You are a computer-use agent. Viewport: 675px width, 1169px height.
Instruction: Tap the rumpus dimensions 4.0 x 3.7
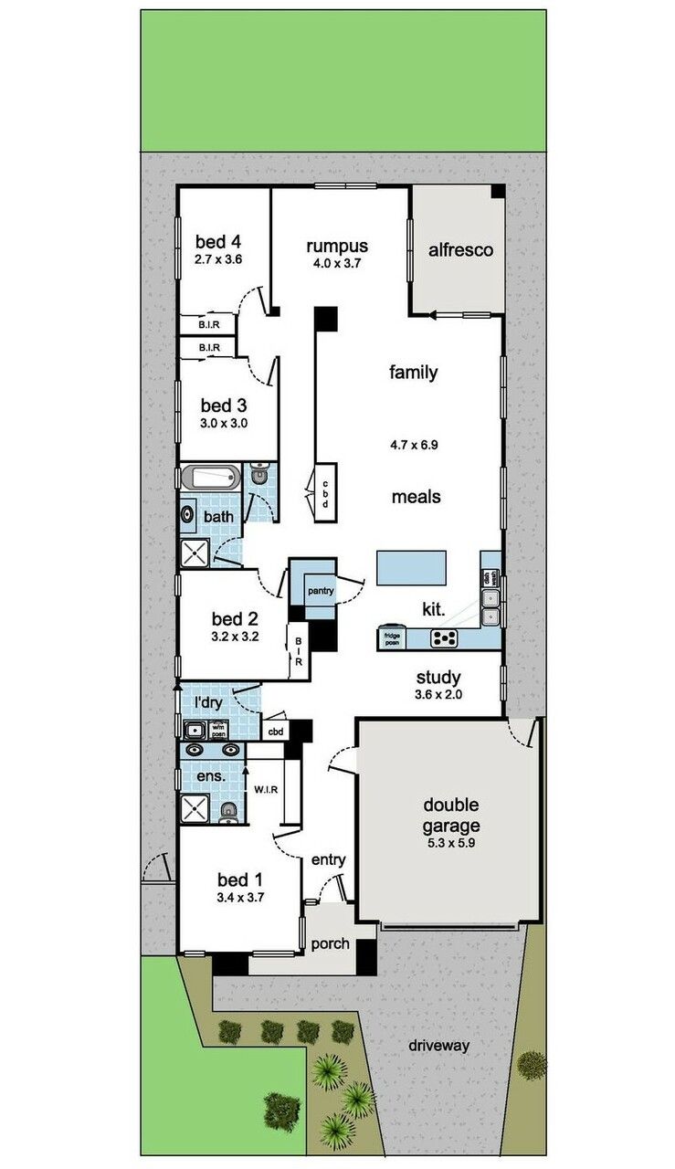point(337,263)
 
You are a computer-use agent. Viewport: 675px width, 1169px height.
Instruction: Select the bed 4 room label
point(218,242)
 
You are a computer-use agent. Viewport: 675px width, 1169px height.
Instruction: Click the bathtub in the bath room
point(211,477)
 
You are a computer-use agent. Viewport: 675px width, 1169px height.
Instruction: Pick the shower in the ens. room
point(195,809)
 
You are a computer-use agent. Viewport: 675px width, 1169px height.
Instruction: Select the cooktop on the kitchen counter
point(444,639)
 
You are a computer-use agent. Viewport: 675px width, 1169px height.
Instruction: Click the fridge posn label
point(393,639)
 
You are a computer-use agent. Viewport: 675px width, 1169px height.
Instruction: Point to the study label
point(438,678)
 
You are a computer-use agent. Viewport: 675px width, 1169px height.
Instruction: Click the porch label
point(330,943)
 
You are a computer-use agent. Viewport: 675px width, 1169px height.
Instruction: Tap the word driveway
point(438,1046)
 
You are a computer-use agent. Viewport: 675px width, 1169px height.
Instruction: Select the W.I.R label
point(265,788)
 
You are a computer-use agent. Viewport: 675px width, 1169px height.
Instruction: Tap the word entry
point(328,859)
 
